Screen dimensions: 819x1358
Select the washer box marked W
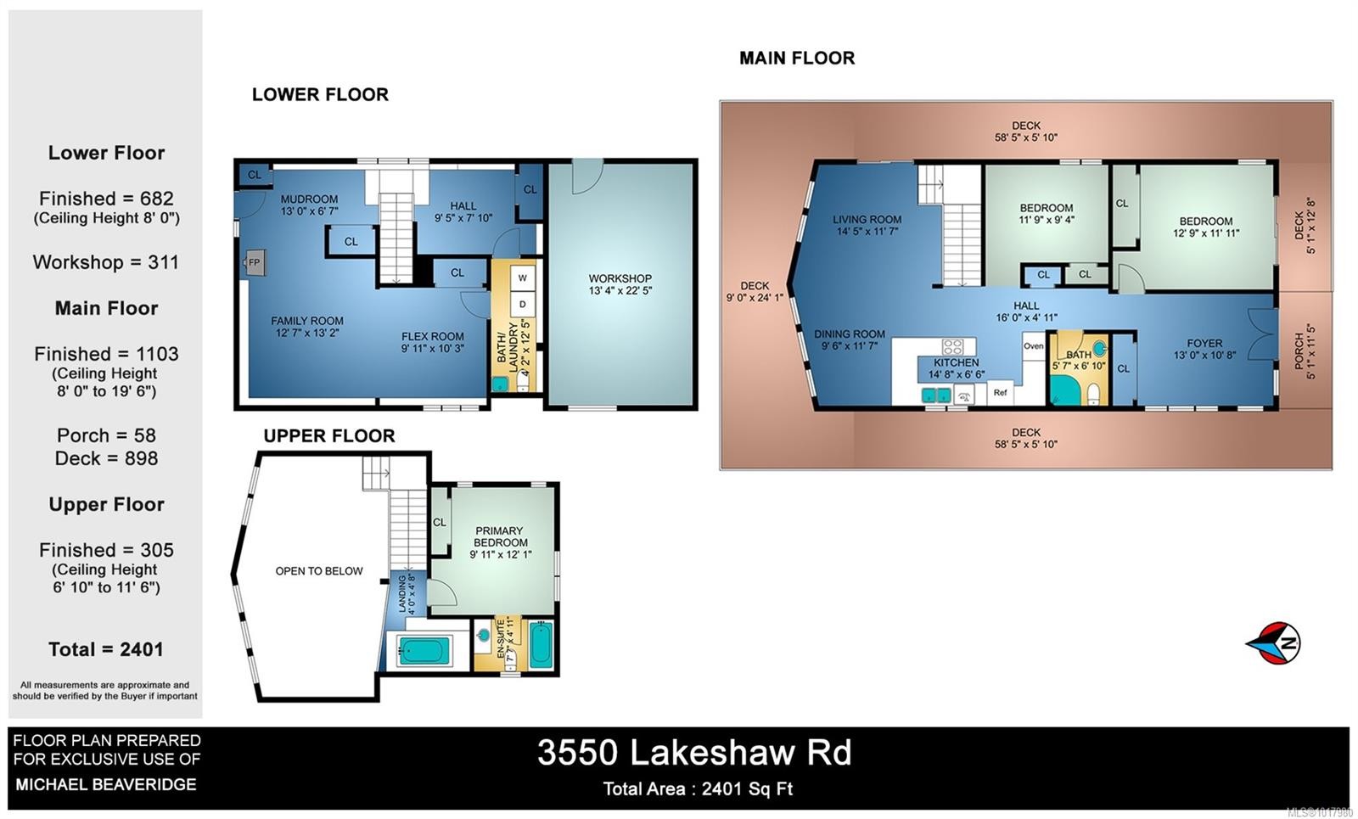[x=523, y=278]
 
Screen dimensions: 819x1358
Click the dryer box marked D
[x=523, y=304]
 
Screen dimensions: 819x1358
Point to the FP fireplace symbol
[x=254, y=263]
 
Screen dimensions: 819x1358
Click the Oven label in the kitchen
[x=1033, y=346]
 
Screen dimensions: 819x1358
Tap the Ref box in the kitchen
[x=1001, y=392]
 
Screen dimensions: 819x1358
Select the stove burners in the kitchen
[x=953, y=346]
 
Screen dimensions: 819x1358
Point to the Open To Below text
[x=318, y=571]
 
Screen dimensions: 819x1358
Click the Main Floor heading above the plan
[x=797, y=59]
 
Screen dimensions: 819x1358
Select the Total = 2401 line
[x=106, y=649]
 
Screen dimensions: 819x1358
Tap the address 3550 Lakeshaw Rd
[x=693, y=753]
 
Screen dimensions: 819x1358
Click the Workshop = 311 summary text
[x=106, y=262]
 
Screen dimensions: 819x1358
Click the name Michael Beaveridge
[x=106, y=785]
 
